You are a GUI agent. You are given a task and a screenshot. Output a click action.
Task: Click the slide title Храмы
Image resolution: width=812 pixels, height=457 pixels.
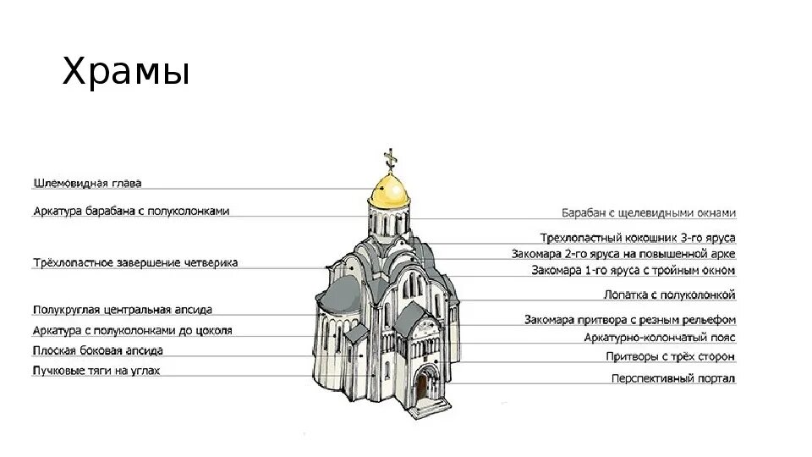[125, 74]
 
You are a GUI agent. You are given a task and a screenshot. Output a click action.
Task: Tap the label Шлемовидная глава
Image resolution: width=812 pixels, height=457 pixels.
[87, 183]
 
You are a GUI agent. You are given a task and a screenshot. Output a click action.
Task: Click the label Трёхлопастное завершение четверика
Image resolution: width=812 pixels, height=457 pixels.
[135, 262]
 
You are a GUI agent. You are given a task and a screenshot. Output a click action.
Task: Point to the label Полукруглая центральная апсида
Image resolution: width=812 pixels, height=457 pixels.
[123, 310]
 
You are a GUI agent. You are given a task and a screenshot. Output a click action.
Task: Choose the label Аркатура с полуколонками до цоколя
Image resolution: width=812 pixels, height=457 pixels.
[132, 330]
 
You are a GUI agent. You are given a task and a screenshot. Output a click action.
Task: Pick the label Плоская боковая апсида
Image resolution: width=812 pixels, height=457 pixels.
[98, 350]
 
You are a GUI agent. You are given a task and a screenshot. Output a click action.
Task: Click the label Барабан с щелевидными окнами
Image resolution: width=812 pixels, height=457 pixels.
[649, 213]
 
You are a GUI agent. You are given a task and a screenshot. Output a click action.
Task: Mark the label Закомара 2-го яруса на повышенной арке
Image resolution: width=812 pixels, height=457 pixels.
[623, 254]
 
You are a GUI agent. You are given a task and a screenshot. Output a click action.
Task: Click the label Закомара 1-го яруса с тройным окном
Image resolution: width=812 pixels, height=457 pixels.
[634, 271]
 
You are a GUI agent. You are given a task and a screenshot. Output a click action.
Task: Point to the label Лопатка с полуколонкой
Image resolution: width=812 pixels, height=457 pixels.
[669, 295]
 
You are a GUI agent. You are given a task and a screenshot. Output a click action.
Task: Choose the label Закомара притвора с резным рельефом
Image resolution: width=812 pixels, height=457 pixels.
[630, 320]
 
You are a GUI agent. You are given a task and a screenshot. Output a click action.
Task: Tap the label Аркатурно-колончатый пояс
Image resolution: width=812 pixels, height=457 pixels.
[660, 338]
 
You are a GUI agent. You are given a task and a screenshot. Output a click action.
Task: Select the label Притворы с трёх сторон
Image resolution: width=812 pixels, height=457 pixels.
[671, 357]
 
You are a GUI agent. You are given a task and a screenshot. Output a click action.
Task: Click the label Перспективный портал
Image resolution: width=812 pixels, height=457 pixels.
[673, 378]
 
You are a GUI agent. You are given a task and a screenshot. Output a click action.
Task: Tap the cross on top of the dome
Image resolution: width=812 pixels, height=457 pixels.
[390, 157]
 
